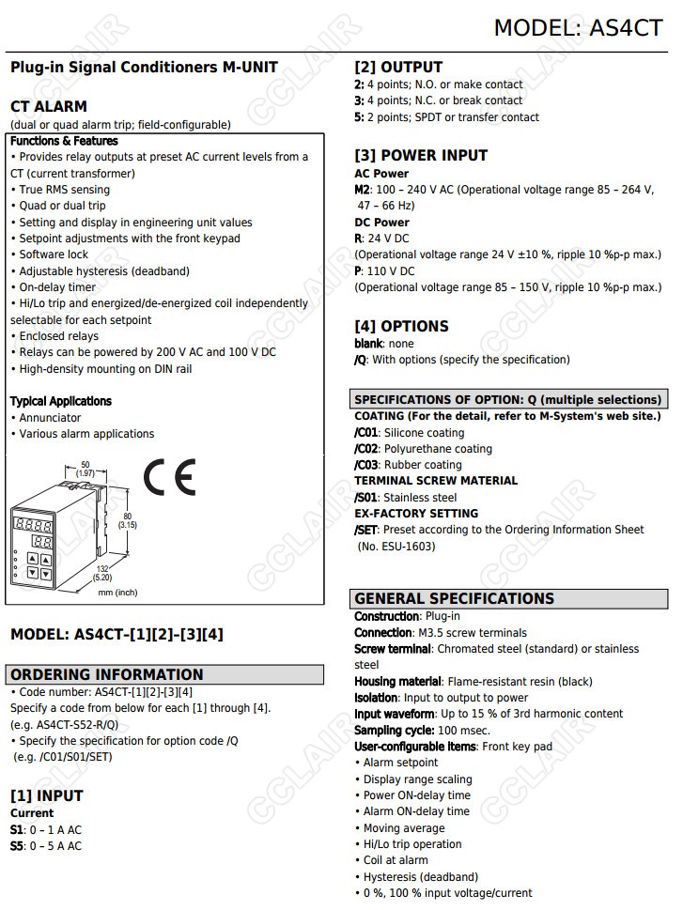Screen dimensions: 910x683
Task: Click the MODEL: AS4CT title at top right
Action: tap(578, 27)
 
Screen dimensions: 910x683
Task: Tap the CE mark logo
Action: tap(169, 478)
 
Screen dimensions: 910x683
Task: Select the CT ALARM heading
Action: tap(49, 106)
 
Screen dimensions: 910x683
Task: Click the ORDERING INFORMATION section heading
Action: tap(106, 674)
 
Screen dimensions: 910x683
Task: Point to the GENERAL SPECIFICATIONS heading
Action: tap(454, 598)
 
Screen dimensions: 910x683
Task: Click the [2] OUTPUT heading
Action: tap(398, 67)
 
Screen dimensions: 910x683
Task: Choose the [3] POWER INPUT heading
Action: tap(421, 155)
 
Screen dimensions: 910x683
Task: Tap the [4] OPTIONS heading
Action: tap(401, 326)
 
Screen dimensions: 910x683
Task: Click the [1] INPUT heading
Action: tap(47, 795)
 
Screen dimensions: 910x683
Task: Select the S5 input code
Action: tap(17, 846)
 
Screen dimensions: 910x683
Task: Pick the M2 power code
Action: tap(362, 190)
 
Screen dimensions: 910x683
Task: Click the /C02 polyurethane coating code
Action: tap(367, 449)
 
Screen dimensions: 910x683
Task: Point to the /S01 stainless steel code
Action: tap(366, 498)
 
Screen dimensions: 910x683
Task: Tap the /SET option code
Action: tap(366, 530)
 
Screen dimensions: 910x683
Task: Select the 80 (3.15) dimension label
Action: tap(127, 520)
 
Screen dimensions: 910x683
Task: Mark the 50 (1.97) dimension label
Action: tap(85, 469)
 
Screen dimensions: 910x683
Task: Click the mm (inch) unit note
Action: tap(117, 593)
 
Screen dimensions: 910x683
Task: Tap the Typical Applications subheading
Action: tap(61, 401)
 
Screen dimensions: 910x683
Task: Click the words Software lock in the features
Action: tap(54, 254)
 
